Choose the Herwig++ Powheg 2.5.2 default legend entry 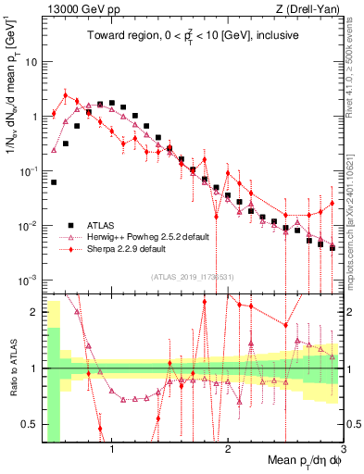click(151, 237)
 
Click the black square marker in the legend click(70, 225)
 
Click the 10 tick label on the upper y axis click(31, 62)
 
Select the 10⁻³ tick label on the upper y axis click(29, 280)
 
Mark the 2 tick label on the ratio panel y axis click(33, 312)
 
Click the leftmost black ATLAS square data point click(54, 182)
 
